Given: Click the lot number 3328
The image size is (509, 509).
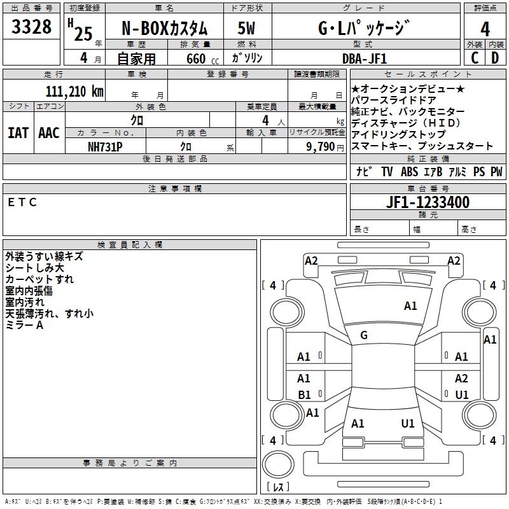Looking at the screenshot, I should coord(31,27).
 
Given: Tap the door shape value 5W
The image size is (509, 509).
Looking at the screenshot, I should coord(246,29).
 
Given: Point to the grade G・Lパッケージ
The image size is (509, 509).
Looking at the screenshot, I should coord(363,29).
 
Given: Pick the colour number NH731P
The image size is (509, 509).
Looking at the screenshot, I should coord(105,146).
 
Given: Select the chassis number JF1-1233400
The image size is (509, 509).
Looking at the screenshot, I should coord(428,202).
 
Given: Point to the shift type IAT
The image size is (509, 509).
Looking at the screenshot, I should coord(18,133).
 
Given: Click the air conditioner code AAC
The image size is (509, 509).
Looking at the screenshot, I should coord(48,133).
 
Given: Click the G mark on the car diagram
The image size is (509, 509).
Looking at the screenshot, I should coord(364,335).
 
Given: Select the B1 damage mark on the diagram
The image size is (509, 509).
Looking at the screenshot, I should coord(304,394).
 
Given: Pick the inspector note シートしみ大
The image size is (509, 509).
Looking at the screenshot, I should coord(34,268).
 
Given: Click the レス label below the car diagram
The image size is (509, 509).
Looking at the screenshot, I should coord(278,487).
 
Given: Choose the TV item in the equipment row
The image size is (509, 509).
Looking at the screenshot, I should coord(387,172).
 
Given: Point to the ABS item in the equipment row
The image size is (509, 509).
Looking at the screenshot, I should coord(409,172).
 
